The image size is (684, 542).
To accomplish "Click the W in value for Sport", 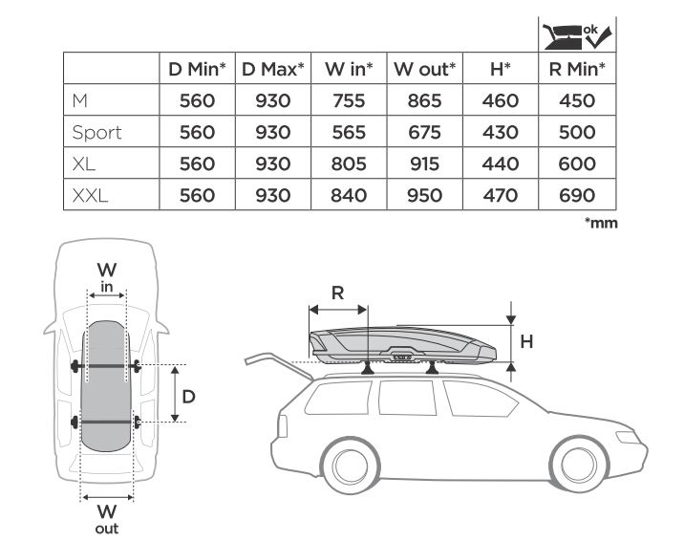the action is [x=349, y=132].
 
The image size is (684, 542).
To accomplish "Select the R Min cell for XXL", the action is [x=577, y=195].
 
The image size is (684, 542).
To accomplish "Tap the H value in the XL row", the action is [x=501, y=163].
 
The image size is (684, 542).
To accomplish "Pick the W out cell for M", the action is [x=424, y=100].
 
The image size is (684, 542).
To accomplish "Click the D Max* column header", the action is [x=273, y=69].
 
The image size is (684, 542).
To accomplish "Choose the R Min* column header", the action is [x=577, y=69].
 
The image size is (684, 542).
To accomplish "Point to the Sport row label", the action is [x=96, y=133].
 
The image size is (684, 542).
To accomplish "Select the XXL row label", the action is [x=90, y=196].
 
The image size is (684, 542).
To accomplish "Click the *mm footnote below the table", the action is [x=601, y=223].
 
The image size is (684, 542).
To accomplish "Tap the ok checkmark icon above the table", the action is [x=578, y=36].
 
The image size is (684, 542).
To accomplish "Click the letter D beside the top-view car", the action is [x=188, y=397].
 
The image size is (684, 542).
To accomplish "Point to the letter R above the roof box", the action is [x=337, y=293].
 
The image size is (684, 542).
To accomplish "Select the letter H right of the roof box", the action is [x=526, y=341].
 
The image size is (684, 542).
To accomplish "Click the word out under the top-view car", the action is [x=107, y=529].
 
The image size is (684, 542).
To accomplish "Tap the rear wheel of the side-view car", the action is [x=350, y=466].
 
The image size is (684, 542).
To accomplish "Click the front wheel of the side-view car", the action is [x=579, y=465].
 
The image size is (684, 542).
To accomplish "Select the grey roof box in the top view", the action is [x=106, y=386].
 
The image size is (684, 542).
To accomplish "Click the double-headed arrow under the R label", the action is [x=337, y=310].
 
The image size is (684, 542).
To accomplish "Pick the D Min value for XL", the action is [x=197, y=163].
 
